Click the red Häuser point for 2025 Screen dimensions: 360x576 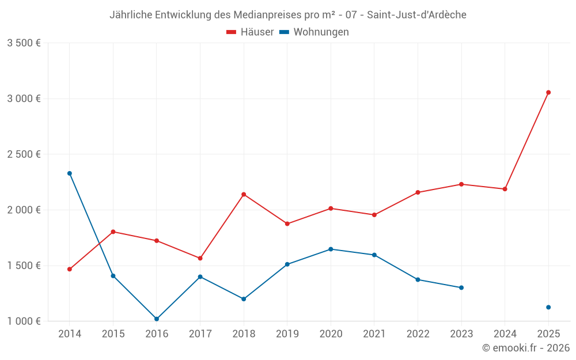click(x=548, y=92)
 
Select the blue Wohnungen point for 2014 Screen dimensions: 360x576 click(x=70, y=173)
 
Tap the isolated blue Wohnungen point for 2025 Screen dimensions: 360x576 click(x=548, y=307)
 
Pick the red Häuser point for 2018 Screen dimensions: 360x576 click(x=244, y=194)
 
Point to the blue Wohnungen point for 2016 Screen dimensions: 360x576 click(x=157, y=319)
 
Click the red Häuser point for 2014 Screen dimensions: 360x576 click(x=70, y=269)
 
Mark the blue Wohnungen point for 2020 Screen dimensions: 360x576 click(x=331, y=249)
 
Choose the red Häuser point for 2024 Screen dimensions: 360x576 click(x=505, y=189)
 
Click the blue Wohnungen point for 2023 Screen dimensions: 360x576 click(x=461, y=287)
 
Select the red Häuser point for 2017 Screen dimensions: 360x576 click(x=200, y=258)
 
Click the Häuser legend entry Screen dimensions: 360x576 click(x=251, y=32)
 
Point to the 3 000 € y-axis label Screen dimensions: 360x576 click(x=24, y=98)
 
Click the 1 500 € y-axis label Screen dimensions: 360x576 click(x=24, y=266)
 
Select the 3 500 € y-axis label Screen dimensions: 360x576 click(x=24, y=43)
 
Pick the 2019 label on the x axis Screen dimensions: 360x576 click(x=287, y=334)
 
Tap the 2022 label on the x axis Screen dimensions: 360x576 click(x=418, y=334)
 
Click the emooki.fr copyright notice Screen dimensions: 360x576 click(x=525, y=348)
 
